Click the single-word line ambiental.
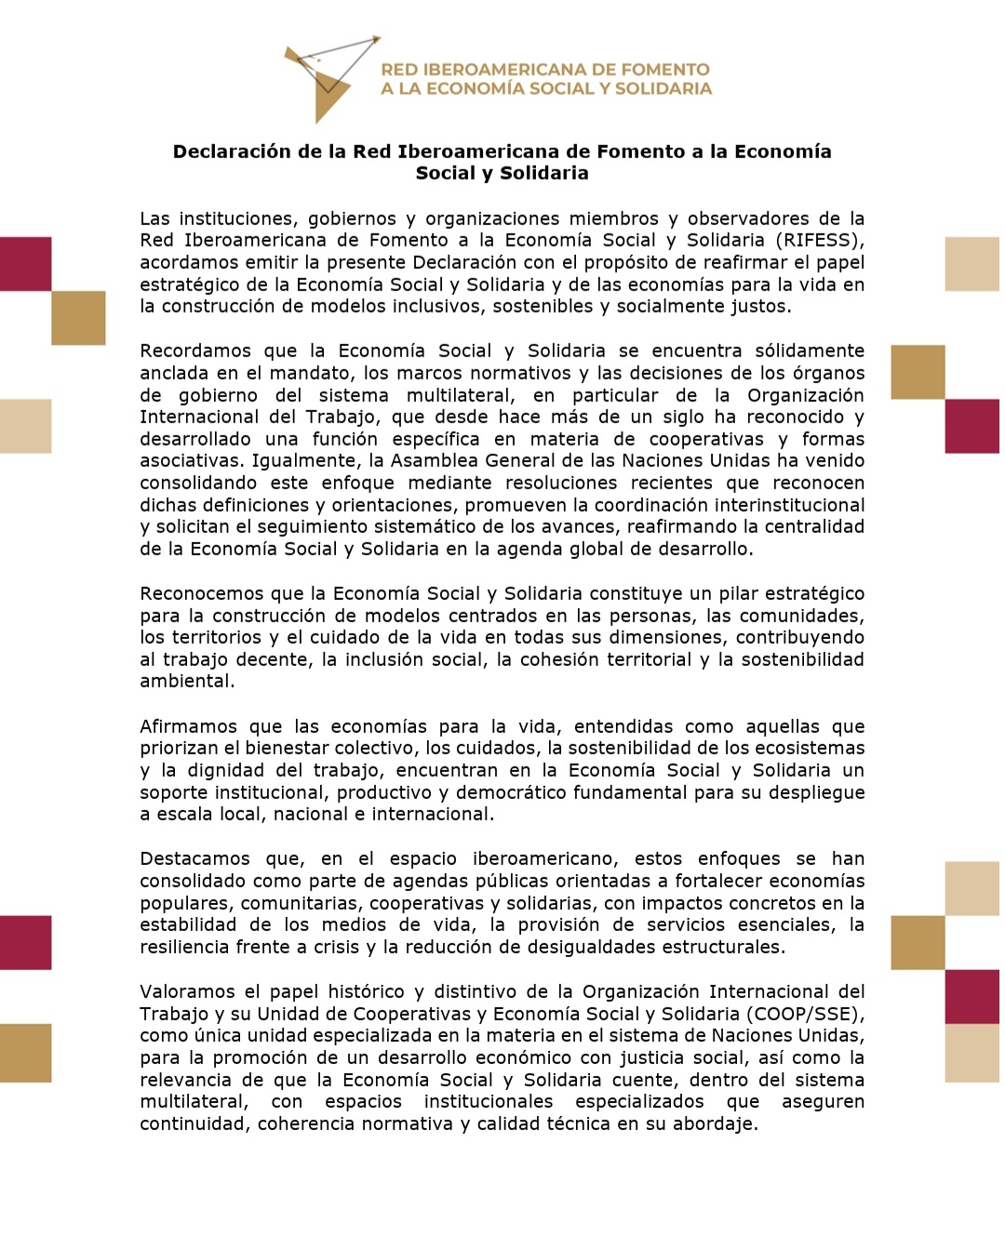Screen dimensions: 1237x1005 187,681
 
